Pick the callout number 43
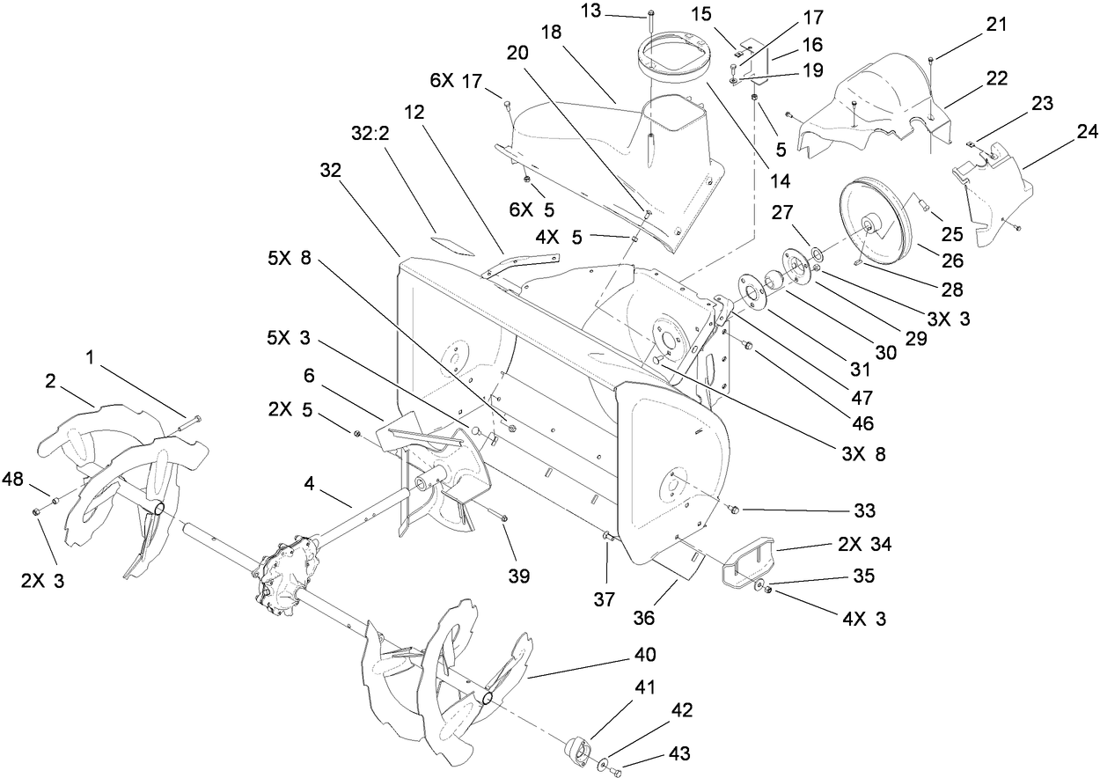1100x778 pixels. point(681,754)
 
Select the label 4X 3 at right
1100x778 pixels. point(863,620)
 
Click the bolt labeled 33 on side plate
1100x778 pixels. point(732,508)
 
